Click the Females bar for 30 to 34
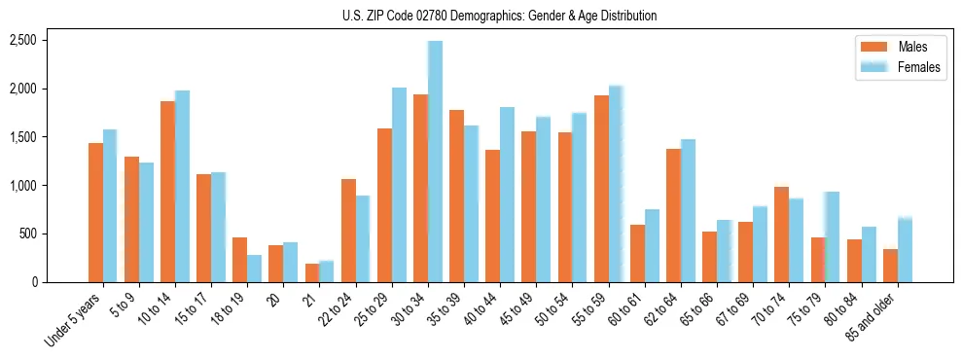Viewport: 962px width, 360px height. pyautogui.click(x=435, y=162)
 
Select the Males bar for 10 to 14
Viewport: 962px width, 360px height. pyautogui.click(x=167, y=192)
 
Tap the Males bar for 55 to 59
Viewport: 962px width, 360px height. pyautogui.click(x=601, y=189)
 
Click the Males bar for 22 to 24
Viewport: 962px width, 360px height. pyautogui.click(x=348, y=231)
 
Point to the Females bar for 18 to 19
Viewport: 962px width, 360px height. pyautogui.click(x=254, y=269)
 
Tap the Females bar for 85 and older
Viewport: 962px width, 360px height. pyautogui.click(x=905, y=250)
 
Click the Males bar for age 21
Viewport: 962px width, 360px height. pyautogui.click(x=312, y=272)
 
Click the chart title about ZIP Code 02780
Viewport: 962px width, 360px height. pyautogui.click(x=499, y=16)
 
